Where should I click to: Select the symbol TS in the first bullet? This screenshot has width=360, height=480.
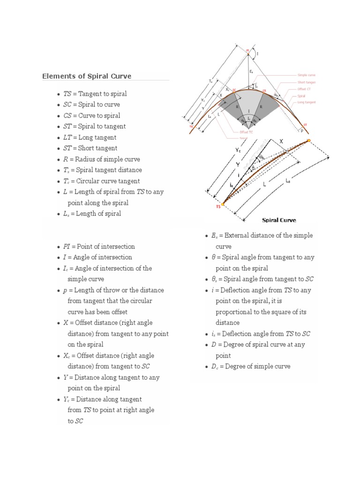(68, 94)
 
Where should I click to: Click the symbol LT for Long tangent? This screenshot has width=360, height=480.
(68, 137)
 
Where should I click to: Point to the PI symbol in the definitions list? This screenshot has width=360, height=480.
(67, 247)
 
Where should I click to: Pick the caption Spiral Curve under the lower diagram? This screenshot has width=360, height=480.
(278, 220)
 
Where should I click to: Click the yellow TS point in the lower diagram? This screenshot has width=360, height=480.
(223, 204)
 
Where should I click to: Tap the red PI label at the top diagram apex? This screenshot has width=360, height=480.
(248, 50)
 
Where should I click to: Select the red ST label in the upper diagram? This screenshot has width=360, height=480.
(306, 126)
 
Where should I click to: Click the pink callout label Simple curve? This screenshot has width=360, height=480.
(307, 75)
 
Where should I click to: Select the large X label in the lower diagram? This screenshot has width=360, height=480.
(281, 141)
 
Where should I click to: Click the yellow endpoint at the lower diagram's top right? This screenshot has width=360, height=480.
(309, 140)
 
